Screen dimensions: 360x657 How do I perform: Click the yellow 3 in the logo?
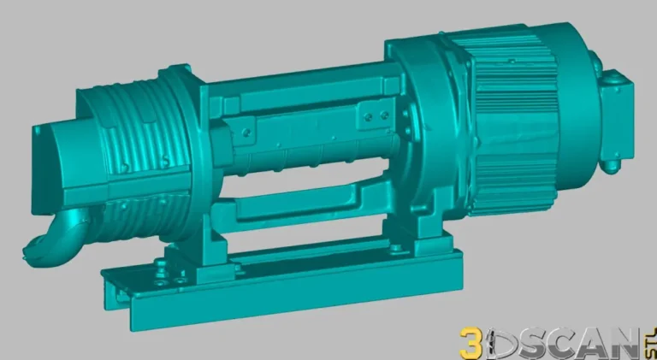(x=471, y=344)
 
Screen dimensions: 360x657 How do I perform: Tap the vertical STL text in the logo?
(x=648, y=339)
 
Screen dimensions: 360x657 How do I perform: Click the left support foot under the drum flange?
(x=205, y=248)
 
